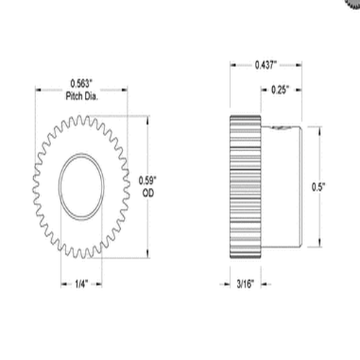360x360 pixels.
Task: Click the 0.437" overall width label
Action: point(268,66)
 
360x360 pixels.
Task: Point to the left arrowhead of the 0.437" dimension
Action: point(233,66)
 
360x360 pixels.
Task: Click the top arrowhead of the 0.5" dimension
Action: point(317,128)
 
